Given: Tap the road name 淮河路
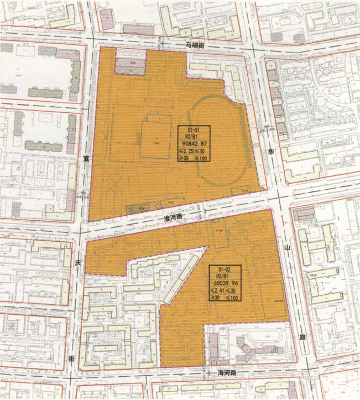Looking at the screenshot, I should click(173, 220).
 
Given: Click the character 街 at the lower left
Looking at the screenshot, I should click(71, 359).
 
